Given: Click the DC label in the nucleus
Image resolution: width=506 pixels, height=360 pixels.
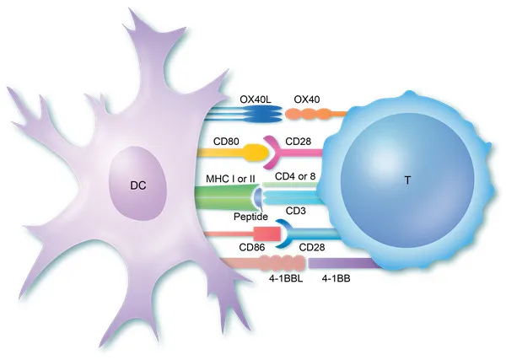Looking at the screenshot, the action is tap(138, 185).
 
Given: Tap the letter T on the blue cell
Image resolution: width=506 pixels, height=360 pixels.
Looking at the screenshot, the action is tap(407, 180).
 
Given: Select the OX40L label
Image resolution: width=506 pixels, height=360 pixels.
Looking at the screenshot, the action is tap(256, 99).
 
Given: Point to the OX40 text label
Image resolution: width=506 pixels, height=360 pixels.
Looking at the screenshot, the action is tap(307, 99).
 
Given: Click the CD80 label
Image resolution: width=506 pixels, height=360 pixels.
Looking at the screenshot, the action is tap(226, 142).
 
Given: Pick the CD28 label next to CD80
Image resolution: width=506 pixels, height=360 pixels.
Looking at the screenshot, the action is tap(299, 142).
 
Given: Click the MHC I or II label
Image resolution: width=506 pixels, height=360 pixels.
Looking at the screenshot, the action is tap(230, 179).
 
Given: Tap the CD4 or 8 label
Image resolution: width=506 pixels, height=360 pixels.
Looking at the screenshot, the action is tap(295, 176).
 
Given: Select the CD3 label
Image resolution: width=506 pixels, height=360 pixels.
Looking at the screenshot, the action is tap(296, 211).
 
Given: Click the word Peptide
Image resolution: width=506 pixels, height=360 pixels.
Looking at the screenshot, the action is tap(250, 217).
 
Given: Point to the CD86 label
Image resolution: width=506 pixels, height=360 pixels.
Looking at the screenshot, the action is tap(252, 247).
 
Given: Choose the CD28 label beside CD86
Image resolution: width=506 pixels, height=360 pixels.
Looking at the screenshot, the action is tap(312, 247).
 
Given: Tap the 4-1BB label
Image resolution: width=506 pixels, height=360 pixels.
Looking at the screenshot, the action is tap(336, 278).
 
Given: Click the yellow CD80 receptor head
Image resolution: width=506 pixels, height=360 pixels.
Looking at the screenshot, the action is tap(256, 153).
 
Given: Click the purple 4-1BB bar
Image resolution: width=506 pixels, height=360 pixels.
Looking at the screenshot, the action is tap(344, 263).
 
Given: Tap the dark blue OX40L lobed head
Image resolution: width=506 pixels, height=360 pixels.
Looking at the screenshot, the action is tap(263, 114).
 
